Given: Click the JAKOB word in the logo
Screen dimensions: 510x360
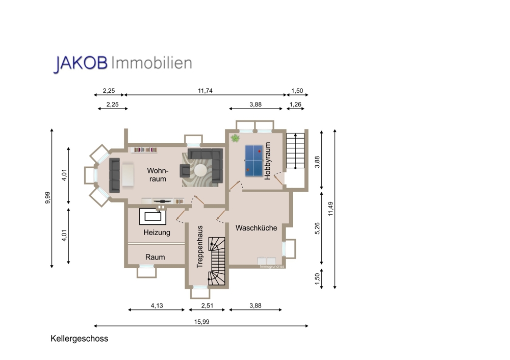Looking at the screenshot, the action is tap(81, 63).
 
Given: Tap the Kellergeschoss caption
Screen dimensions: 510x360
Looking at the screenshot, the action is tap(80, 339).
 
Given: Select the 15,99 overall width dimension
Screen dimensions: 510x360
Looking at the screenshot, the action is tap(201, 322).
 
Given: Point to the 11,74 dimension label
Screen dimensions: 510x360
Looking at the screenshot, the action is tap(205, 91).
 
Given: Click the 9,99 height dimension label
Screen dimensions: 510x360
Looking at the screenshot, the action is tap(48, 198).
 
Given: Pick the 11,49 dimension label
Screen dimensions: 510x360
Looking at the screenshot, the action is tap(331, 209).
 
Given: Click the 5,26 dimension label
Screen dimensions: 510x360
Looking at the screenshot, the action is tap(317, 228).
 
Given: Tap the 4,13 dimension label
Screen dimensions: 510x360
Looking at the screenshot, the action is tap(157, 305).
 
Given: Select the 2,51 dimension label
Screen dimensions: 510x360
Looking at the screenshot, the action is tap(207, 305).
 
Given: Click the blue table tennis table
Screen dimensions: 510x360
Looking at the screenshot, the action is tap(253, 161).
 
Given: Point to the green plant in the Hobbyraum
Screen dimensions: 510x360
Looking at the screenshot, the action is tap(235, 138).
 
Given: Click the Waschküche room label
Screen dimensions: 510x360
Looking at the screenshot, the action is tap(257, 228).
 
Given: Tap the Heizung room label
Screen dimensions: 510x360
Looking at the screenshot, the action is tap(157, 233).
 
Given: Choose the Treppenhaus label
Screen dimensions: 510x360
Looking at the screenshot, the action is tap(200, 247).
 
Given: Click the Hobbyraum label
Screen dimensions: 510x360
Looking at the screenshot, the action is tap(267, 161).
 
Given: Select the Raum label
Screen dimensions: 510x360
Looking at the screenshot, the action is tap(155, 257).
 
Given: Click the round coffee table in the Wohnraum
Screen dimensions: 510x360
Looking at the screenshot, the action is tap(199, 171).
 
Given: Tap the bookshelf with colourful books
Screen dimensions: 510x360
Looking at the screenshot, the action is tap(145, 150).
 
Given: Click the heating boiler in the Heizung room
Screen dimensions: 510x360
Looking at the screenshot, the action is tap(153, 216).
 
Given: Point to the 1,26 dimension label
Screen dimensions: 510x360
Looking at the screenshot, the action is tap(295, 105).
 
